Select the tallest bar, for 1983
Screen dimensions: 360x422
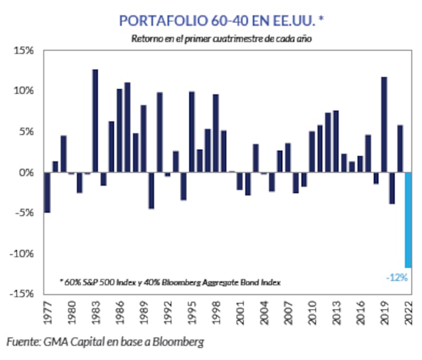point(95,121)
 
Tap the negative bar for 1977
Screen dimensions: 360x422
point(47,192)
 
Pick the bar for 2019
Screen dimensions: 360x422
point(384,124)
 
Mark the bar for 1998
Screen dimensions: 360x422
point(216,133)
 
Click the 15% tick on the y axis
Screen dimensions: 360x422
point(24,51)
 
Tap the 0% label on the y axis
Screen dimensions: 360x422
point(26,172)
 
